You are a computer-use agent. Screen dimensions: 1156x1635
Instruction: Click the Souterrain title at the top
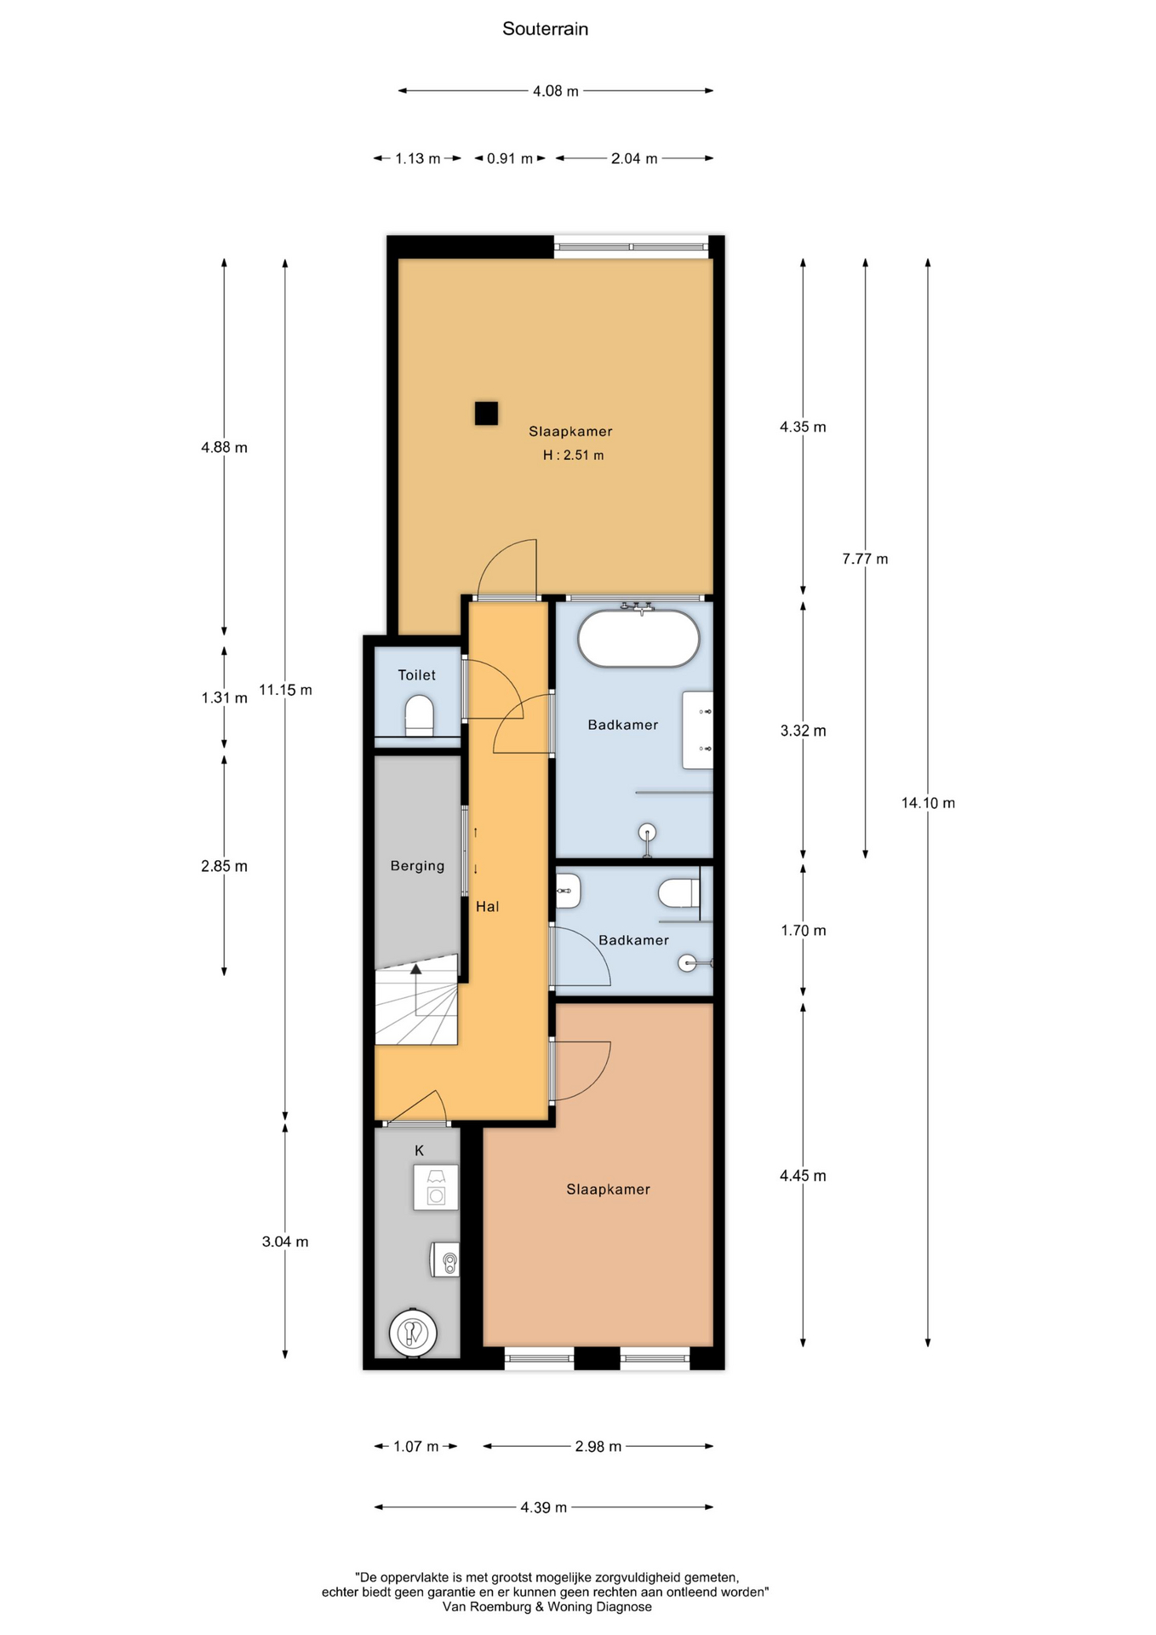(545, 29)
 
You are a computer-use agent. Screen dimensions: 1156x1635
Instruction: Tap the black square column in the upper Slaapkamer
(486, 413)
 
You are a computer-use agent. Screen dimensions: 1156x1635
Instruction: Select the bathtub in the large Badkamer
(638, 639)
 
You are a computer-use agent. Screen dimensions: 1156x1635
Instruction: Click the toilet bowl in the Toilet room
(419, 715)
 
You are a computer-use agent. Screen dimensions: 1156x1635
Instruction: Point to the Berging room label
(417, 866)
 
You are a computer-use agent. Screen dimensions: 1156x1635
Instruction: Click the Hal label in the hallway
(487, 907)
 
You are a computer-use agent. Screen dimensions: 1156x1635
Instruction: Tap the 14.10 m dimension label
(928, 803)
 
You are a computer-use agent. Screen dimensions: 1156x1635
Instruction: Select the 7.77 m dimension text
(865, 559)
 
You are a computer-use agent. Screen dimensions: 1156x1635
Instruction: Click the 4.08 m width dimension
(556, 91)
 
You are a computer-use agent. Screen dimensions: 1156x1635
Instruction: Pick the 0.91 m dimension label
(510, 158)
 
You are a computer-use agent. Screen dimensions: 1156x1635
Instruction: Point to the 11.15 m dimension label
(285, 690)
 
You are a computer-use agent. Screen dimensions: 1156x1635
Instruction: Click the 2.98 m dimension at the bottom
(598, 1446)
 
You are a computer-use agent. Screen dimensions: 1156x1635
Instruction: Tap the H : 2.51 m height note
(573, 456)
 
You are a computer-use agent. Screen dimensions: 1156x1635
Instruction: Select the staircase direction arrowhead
(415, 969)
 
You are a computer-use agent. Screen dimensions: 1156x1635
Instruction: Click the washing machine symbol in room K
(436, 1187)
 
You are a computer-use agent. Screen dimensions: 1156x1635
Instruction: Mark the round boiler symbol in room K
(414, 1333)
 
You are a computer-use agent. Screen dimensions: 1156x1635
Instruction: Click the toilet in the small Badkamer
(678, 893)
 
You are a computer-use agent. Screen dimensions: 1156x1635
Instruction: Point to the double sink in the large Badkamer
(697, 730)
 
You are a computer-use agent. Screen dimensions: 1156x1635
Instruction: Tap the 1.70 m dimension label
(803, 931)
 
